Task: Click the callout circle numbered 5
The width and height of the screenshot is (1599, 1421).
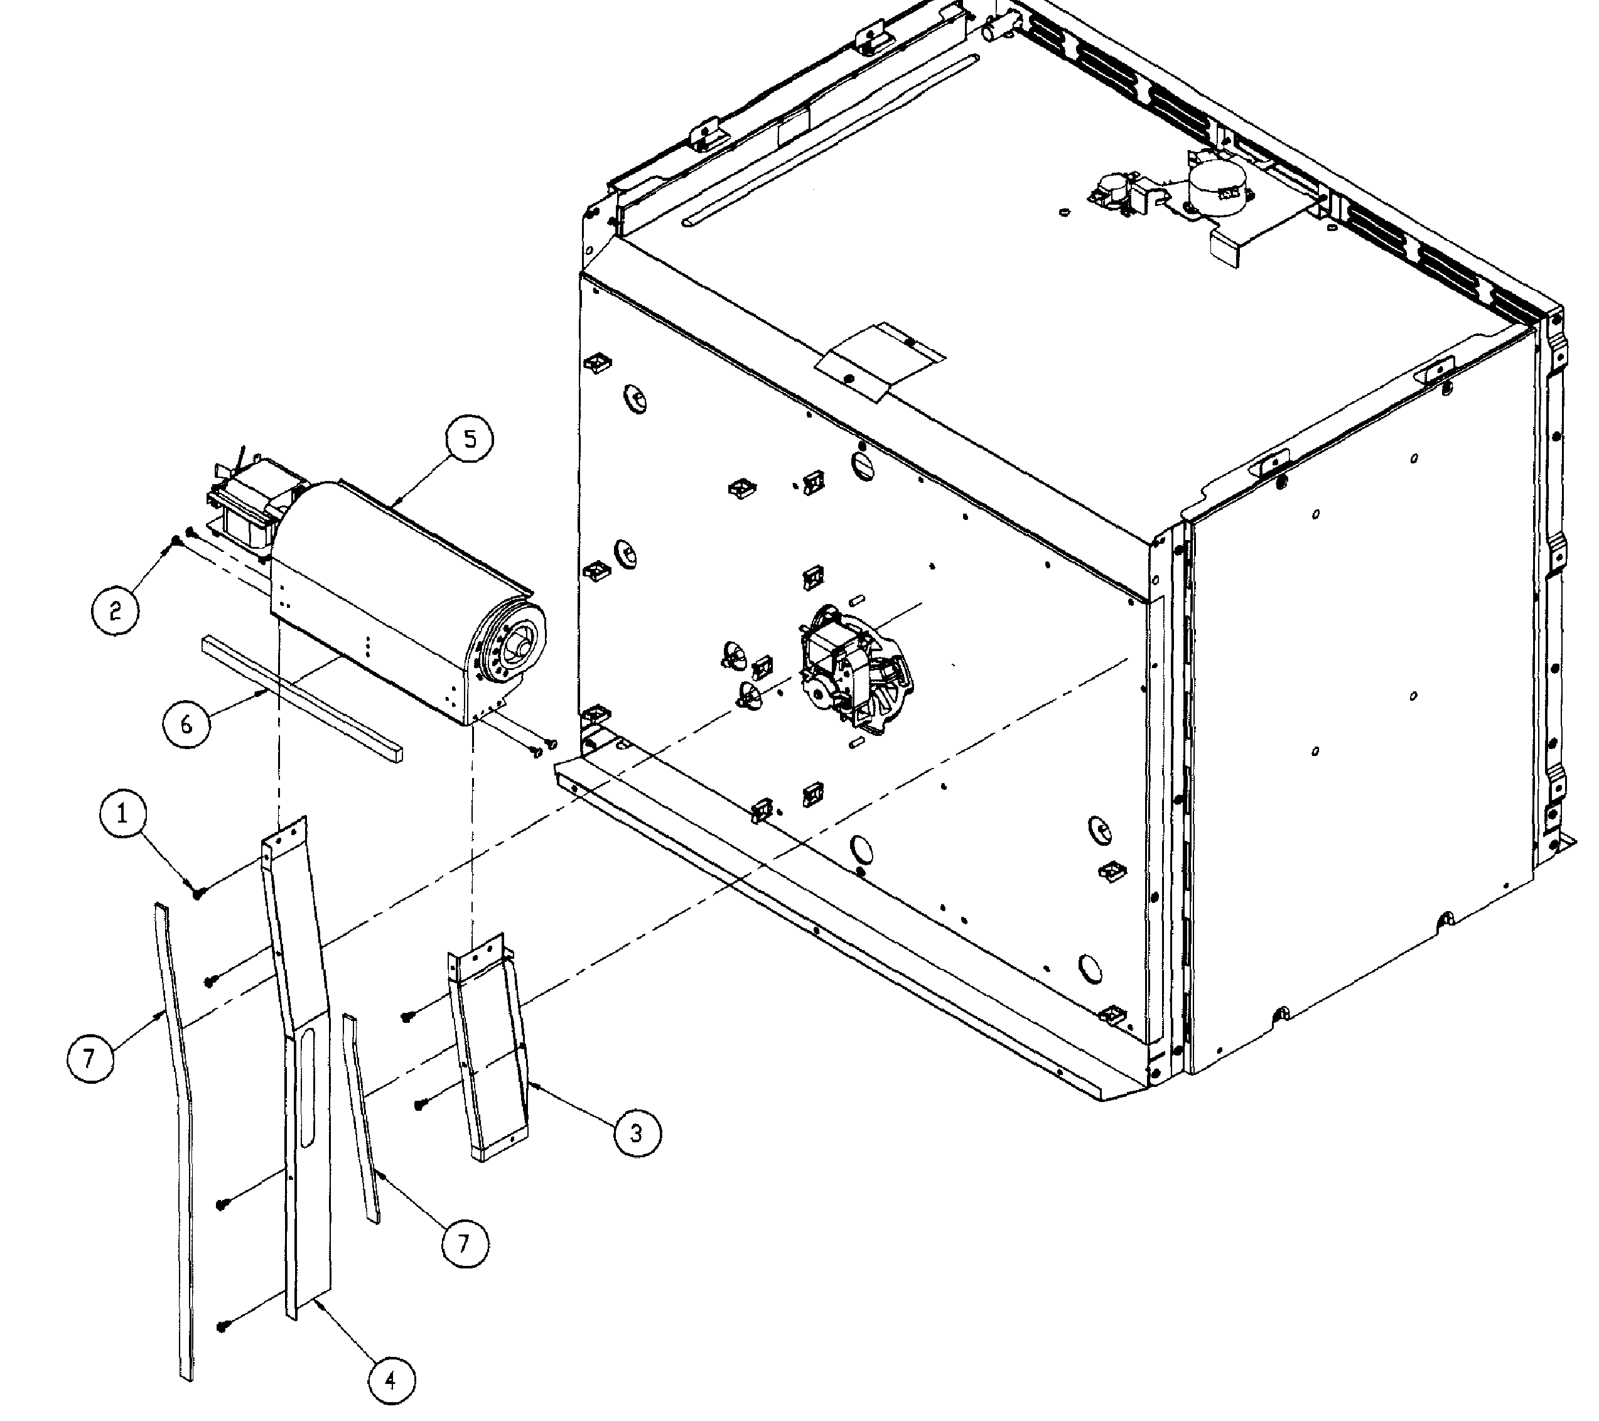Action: [470, 439]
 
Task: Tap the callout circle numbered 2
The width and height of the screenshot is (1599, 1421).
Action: [116, 610]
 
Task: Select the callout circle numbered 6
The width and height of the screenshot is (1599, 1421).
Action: [186, 725]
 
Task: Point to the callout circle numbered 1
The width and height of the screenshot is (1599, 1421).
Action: [123, 814]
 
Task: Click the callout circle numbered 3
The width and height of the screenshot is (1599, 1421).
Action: [636, 1132]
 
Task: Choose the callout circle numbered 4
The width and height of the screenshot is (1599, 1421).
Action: [391, 1381]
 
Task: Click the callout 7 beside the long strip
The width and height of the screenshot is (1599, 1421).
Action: [89, 1059]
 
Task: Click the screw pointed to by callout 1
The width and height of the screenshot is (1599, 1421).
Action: [197, 892]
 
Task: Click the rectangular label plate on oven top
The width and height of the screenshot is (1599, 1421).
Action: [880, 360]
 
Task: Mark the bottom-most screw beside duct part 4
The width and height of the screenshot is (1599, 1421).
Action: [222, 1326]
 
